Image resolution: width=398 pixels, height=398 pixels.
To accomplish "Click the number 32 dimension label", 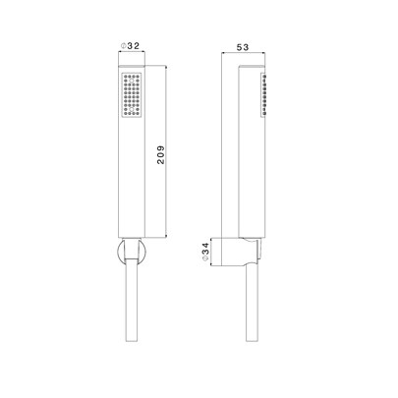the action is point(134,46).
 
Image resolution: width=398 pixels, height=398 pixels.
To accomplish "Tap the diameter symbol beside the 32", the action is point(124,46).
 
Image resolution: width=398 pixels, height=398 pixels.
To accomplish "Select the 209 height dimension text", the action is point(161,155).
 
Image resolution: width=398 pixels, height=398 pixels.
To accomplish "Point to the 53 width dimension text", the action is point(243,47).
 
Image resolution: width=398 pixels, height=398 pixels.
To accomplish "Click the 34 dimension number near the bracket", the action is point(205,249).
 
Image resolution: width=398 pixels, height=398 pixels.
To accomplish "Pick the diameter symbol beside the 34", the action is point(205,258).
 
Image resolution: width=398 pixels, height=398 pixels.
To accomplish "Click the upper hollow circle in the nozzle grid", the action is point(132,81).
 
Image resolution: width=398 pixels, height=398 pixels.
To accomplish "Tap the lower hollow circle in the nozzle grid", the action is point(132,109).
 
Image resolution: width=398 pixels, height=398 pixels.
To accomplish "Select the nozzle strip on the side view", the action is point(263,94).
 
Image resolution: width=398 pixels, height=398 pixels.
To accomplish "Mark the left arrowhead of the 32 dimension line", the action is point(120,51).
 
